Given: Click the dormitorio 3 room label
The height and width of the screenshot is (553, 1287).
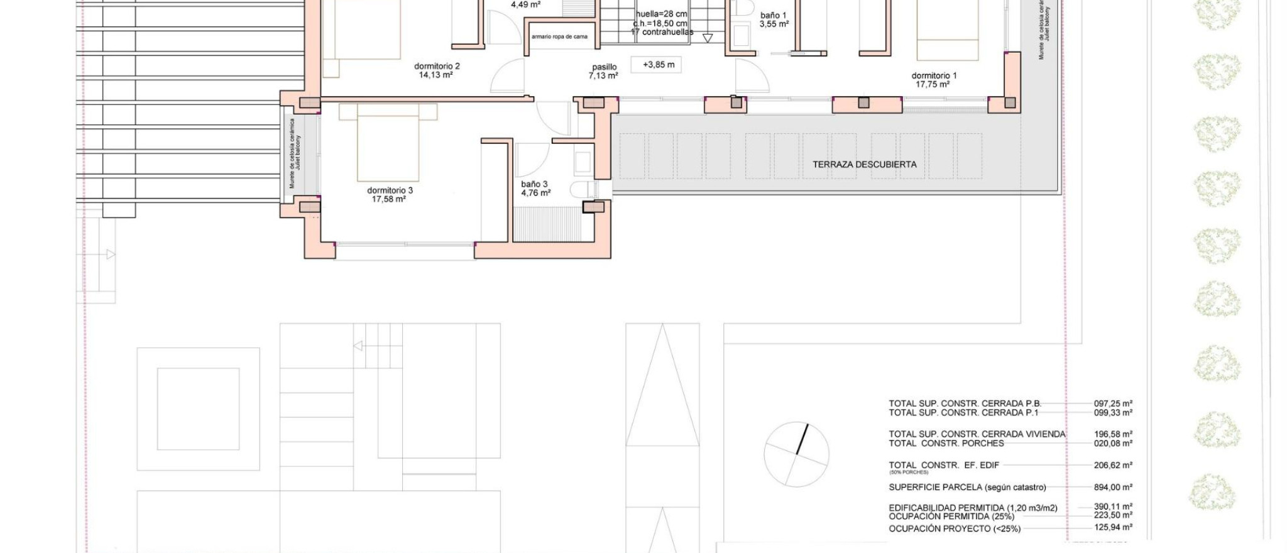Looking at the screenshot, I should (x=390, y=195).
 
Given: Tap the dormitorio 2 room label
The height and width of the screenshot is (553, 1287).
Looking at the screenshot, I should (x=437, y=70).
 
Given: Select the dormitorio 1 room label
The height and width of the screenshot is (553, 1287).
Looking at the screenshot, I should (x=934, y=80).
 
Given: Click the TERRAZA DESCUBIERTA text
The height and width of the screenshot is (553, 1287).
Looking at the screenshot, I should (x=864, y=165).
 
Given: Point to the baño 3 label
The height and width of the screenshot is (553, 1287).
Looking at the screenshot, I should (x=535, y=189).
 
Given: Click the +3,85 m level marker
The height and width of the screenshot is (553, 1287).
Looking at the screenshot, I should (x=658, y=65).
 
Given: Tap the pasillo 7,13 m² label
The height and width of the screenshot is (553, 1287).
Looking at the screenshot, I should (x=603, y=71).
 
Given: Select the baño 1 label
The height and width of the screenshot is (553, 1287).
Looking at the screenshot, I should (x=773, y=19).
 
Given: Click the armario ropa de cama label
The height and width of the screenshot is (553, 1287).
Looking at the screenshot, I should (x=559, y=37).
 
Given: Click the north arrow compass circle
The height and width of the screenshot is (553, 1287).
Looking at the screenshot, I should (x=796, y=454).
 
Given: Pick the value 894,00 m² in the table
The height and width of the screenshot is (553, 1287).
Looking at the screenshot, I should (x=1113, y=487).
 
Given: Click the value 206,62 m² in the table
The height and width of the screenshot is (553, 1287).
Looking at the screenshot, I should (x=1113, y=466).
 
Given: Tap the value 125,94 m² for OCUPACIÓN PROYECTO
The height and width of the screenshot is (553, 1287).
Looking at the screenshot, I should (x=1113, y=528).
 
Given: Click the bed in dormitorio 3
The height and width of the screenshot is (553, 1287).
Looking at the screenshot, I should (x=388, y=143).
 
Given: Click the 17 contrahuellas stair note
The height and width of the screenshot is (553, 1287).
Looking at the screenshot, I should (x=662, y=32).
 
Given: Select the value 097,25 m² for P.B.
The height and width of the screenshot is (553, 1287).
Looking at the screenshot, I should (x=1113, y=404).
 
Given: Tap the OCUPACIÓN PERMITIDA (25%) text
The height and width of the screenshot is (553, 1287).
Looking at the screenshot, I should (x=951, y=517).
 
